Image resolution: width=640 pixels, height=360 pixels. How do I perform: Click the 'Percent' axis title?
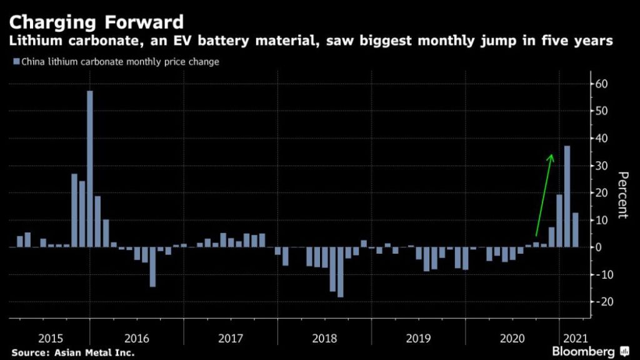622,194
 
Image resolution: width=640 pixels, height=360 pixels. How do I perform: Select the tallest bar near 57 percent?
90,169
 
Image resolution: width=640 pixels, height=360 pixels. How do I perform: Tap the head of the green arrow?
551,157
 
